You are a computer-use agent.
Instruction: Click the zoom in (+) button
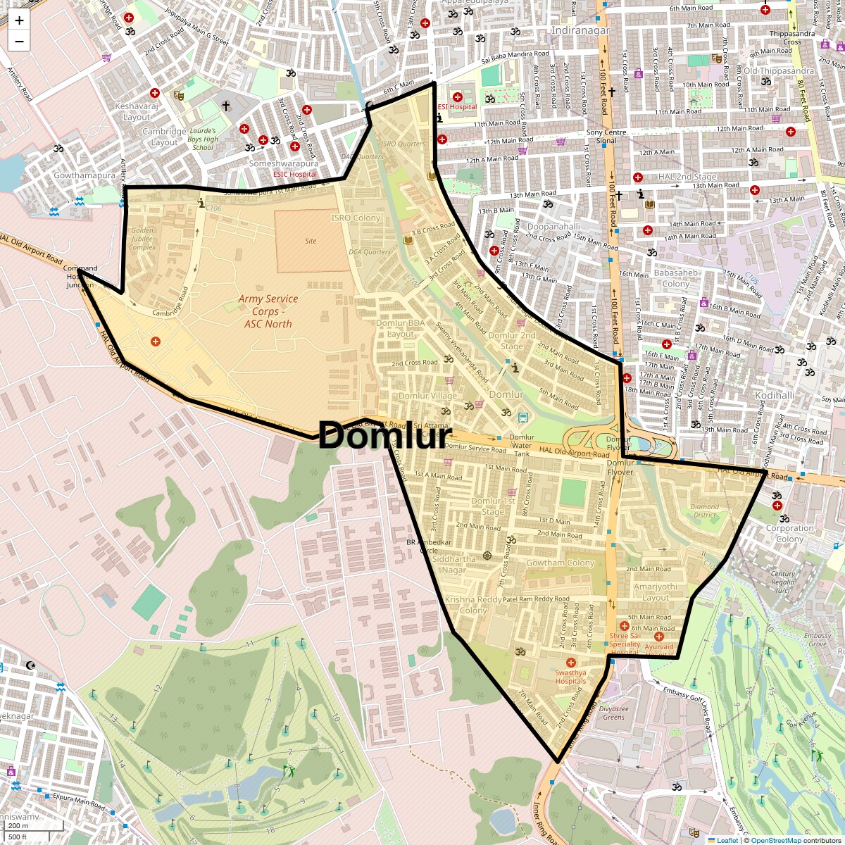19,20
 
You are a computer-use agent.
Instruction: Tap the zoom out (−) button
19,42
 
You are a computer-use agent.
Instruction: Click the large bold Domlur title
384,436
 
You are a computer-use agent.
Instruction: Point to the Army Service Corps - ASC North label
268,311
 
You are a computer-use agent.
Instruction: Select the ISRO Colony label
356,218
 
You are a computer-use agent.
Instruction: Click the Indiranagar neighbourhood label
580,31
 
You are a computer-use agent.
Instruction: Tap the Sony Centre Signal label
606,137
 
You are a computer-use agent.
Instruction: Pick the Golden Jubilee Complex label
142,239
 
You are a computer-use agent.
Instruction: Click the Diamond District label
704,511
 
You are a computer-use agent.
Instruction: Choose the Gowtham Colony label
561,563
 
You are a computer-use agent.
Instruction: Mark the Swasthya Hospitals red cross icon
571,663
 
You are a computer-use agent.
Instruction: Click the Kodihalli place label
775,396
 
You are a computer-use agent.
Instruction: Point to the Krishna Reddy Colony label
473,605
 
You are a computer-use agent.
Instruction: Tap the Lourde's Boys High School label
203,139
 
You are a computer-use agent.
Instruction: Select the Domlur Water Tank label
522,445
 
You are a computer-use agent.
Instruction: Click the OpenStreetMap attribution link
775,840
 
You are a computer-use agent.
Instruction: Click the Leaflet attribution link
727,840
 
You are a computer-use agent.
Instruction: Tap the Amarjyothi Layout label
656,592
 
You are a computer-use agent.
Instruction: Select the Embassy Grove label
818,639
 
